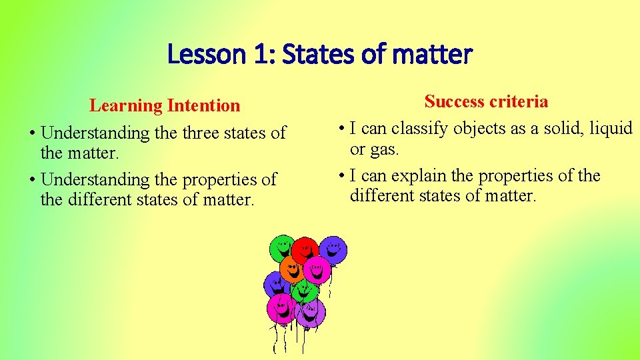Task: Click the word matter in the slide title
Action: [433, 54]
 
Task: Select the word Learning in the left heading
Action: [126, 105]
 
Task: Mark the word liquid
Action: [609, 128]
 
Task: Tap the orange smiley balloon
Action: [291, 269]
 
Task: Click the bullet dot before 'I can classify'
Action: [341, 129]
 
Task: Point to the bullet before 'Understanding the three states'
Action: [32, 133]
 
